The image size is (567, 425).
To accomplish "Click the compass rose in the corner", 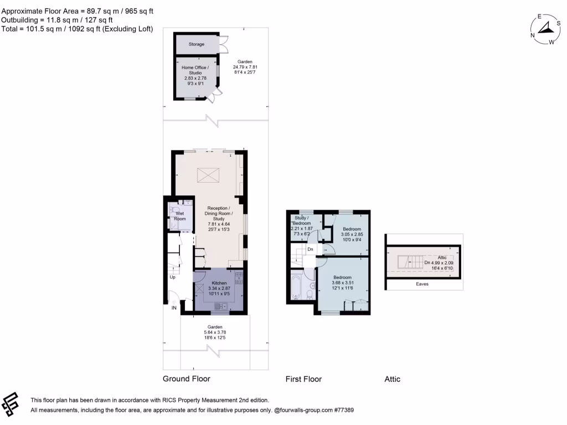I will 545,30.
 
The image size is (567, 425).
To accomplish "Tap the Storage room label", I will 196,44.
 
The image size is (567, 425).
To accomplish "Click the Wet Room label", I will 180,216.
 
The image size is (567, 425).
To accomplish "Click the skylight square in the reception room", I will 209,174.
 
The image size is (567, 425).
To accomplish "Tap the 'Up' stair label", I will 172,277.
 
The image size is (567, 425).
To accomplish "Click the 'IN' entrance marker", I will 174,308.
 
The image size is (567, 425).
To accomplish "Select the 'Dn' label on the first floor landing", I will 311,249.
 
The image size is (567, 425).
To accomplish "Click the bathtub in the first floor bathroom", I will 295,286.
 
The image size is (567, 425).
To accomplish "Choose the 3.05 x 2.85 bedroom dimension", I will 352,235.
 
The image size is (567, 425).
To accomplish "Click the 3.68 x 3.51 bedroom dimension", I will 343,283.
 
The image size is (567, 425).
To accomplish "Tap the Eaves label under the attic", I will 422,284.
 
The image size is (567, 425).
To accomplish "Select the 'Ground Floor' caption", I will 186,379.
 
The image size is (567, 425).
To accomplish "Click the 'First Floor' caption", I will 303,379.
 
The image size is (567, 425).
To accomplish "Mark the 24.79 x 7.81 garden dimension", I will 245,68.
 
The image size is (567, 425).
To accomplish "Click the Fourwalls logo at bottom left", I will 12,405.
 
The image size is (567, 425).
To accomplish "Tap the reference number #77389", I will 343,411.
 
